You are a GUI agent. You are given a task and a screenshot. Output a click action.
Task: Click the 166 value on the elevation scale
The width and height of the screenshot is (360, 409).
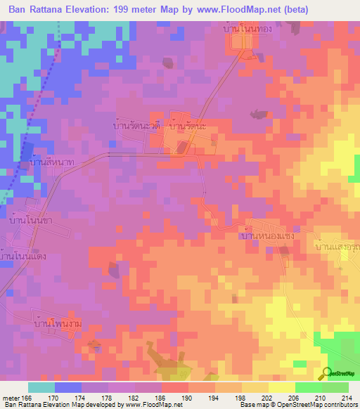pos(27,398)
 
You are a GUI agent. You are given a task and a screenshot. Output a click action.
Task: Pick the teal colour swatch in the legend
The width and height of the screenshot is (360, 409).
pos(41,387)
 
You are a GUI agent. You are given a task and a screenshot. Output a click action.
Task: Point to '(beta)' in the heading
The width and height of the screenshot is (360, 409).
pos(293,10)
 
